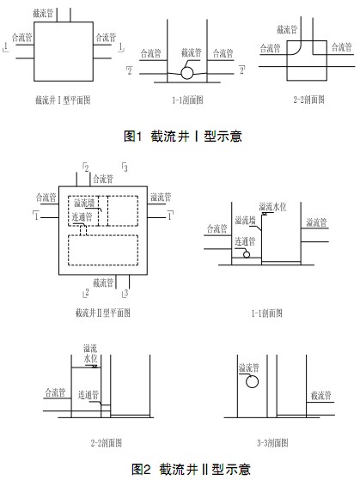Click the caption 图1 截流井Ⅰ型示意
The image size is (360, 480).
click(x=183, y=136)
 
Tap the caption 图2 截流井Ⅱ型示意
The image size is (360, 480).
click(x=191, y=469)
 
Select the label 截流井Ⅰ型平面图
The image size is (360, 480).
click(x=63, y=100)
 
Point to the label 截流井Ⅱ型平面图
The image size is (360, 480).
click(x=103, y=313)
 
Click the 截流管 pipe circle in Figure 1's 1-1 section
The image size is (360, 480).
click(x=187, y=73)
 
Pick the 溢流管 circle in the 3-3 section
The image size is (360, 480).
click(x=252, y=381)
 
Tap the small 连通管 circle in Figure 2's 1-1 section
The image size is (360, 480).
click(x=247, y=254)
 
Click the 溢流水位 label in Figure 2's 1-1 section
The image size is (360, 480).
click(x=272, y=207)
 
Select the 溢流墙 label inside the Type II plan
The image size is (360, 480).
click(x=84, y=203)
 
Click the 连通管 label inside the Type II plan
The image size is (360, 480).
click(x=82, y=217)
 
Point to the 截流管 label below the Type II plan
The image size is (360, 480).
click(x=103, y=283)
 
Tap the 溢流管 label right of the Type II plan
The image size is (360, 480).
click(x=161, y=197)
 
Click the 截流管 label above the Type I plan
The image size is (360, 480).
click(x=43, y=13)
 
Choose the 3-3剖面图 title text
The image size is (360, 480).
click(x=272, y=443)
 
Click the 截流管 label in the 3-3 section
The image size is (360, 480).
click(x=321, y=396)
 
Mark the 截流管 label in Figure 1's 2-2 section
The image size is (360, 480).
click(x=287, y=30)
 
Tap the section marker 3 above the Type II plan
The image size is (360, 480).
click(x=125, y=167)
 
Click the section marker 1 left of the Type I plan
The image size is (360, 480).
click(x=6, y=47)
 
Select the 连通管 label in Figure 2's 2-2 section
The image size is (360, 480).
click(x=88, y=395)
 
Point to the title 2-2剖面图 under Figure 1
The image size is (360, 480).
click(x=308, y=100)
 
